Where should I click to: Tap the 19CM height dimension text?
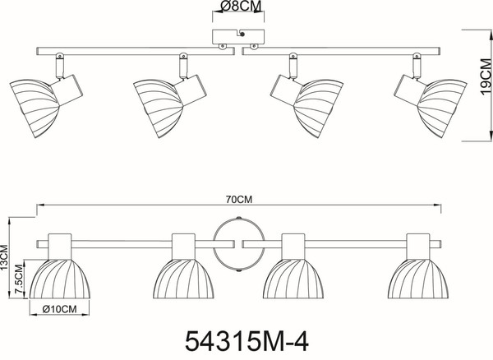[x=486, y=76]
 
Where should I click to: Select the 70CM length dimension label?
[x=239, y=200]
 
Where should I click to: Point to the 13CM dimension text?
[x=4, y=258]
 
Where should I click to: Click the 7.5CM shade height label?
[x=19, y=279]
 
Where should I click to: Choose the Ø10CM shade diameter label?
[x=59, y=309]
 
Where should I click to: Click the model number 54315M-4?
[x=246, y=341]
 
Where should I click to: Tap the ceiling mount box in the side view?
[x=238, y=37]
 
